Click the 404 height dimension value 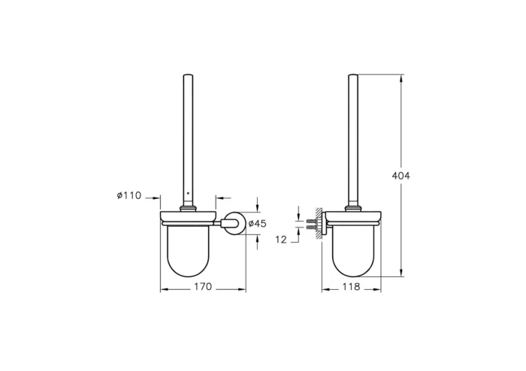click(x=401, y=175)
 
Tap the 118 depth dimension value click(x=352, y=286)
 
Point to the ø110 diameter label click(x=129, y=195)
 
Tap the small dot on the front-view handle click(x=186, y=193)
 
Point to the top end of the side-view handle click(x=353, y=75)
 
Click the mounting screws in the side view click(x=310, y=223)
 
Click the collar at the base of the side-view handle click(x=353, y=208)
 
